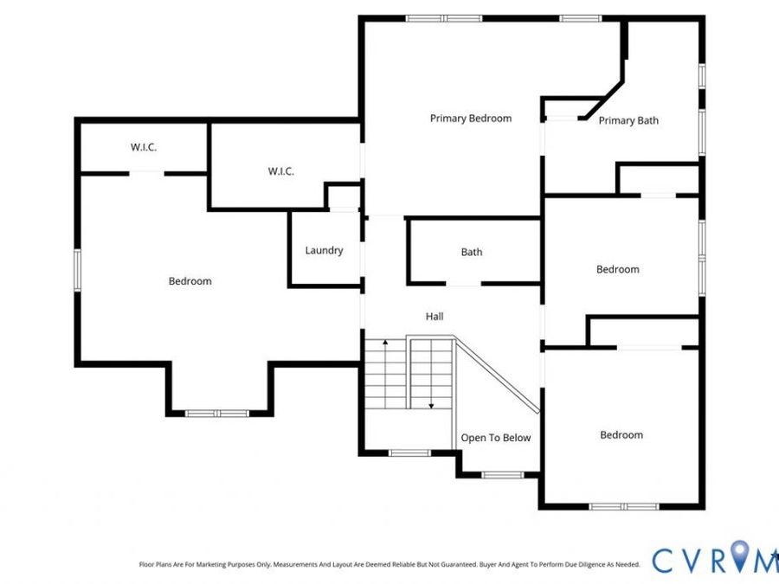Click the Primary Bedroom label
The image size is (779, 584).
pos(471,119)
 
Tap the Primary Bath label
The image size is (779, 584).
pos(628,120)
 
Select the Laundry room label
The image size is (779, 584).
pos(324,250)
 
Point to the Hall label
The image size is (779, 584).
pos(435,317)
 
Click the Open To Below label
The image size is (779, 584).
pos(496,438)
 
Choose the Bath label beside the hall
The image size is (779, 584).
pos(472,253)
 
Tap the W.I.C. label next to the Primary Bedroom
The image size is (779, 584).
pos(281,171)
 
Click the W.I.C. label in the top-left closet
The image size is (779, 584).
pos(144,147)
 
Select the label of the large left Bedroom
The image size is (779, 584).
pos(190,281)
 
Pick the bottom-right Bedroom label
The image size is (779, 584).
pos(621,435)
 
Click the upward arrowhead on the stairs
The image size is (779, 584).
pos(385,342)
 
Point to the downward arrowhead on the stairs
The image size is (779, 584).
pos(431,406)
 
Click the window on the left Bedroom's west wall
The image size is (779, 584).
pos(78,270)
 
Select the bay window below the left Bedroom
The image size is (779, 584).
pos(217,414)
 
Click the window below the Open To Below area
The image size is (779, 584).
pos(503,475)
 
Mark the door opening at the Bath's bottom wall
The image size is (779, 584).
pos(463,284)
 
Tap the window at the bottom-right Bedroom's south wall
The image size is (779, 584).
pos(624,506)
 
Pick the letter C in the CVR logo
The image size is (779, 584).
pos(663,560)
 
